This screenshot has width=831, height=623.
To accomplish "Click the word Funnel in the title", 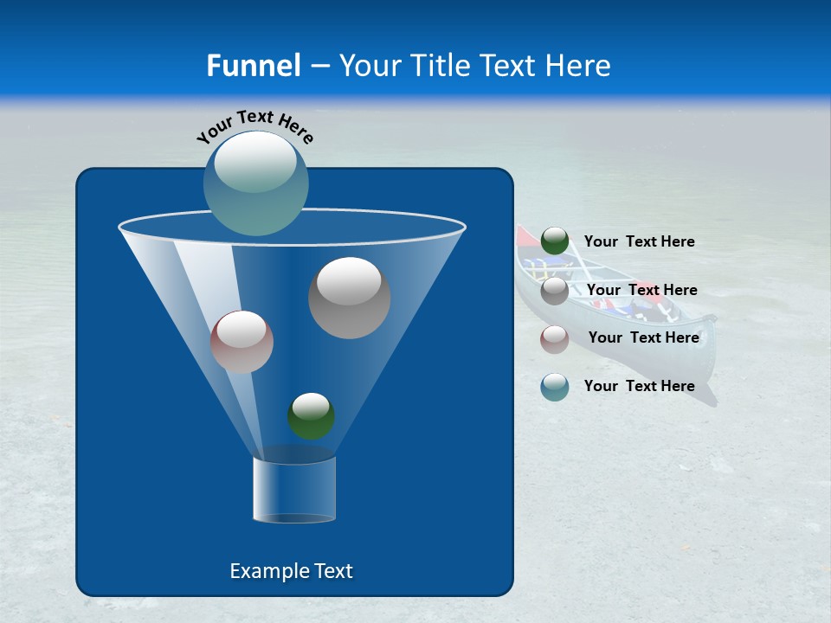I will pos(253,66).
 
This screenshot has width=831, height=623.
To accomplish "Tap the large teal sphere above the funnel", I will pos(256,183).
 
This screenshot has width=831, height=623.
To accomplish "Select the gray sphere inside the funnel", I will pos(349,298).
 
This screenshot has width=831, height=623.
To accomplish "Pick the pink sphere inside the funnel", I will pos(242,342).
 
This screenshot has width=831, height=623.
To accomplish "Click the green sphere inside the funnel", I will pos(311,416).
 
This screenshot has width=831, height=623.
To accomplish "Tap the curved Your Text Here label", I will pos(254,126).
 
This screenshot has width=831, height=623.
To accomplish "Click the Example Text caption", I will pos(291,571).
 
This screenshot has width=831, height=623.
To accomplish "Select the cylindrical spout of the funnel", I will pos(293,490).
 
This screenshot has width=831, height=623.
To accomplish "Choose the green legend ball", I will pos(555,241).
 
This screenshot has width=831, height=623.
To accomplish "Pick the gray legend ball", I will pos(555,291).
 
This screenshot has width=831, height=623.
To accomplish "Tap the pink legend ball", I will pos(555,338).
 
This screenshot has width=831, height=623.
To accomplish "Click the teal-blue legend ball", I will pos(555,387).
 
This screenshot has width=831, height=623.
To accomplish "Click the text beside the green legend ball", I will pos(639,242).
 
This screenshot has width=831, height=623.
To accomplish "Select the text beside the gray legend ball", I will pos(641,291).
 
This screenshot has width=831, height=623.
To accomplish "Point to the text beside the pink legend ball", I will pos(643,338).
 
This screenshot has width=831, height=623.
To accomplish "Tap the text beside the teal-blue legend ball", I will pos(639,387).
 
